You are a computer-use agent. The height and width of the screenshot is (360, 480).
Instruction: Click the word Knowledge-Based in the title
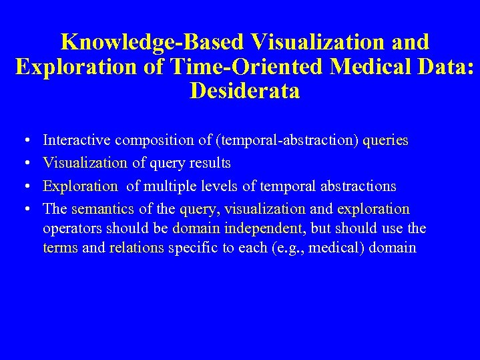(153, 42)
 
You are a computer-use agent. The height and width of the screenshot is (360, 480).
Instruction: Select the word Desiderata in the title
(244, 90)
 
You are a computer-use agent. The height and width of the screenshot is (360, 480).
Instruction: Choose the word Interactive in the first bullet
(77, 140)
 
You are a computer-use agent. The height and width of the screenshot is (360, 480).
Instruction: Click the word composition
(155, 140)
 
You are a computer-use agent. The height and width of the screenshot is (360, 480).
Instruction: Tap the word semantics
(103, 208)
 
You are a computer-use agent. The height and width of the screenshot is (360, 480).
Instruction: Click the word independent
(266, 228)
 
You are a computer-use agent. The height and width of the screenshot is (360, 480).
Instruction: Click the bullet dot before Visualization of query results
(25, 164)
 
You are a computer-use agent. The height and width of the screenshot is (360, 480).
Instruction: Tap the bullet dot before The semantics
(25, 209)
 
